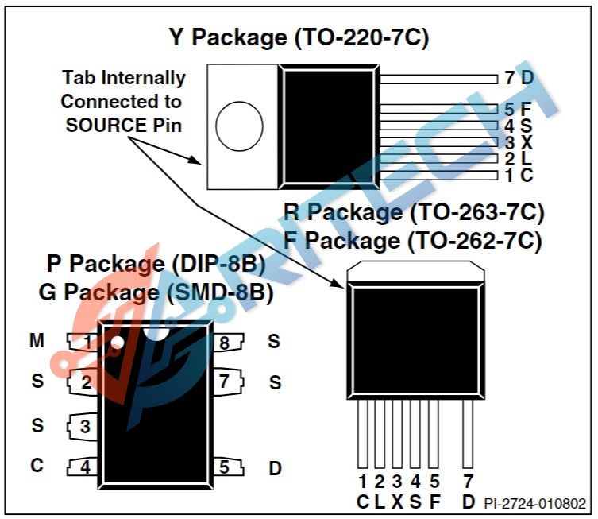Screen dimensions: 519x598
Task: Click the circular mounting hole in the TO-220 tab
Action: [239, 127]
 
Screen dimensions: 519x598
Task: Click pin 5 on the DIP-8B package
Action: [225, 467]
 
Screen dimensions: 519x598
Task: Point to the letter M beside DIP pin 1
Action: [37, 341]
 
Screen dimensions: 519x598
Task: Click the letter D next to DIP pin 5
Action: [275, 468]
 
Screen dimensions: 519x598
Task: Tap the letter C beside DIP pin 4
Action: [37, 466]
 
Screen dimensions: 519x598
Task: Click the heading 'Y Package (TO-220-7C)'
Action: [299, 37]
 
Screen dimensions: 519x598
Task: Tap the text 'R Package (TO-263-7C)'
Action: [414, 213]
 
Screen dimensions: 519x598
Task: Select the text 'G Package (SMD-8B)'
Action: [156, 292]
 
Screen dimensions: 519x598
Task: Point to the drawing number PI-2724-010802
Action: [535, 503]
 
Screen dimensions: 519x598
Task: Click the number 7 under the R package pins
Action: [468, 481]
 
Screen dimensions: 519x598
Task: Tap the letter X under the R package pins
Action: [397, 501]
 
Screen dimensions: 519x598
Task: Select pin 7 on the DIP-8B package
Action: [225, 382]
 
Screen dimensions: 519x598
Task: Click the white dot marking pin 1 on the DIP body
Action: [117, 343]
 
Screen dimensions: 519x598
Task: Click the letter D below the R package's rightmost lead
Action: [468, 501]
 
